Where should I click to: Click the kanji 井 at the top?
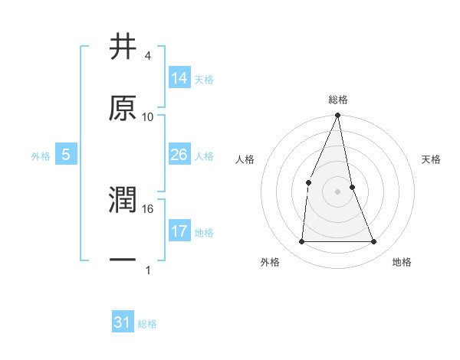click(123, 47)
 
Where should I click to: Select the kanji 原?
click(123, 108)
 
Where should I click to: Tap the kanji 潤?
click(123, 200)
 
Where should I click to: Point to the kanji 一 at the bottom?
click(123, 260)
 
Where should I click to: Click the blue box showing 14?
click(179, 77)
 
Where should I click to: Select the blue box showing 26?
click(179, 155)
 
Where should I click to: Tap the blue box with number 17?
click(179, 231)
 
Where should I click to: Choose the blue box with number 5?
click(66, 155)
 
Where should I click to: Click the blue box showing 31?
click(123, 322)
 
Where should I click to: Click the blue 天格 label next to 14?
click(204, 79)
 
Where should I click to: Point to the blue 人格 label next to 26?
click(204, 156)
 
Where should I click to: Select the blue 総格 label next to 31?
click(147, 324)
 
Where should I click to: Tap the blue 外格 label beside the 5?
click(40, 156)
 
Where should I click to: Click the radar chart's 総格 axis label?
click(337, 100)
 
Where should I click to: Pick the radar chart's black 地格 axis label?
click(402, 263)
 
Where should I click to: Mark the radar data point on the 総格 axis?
click(337, 115)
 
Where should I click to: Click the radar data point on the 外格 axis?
click(301, 241)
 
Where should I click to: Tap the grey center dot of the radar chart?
click(337, 191)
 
